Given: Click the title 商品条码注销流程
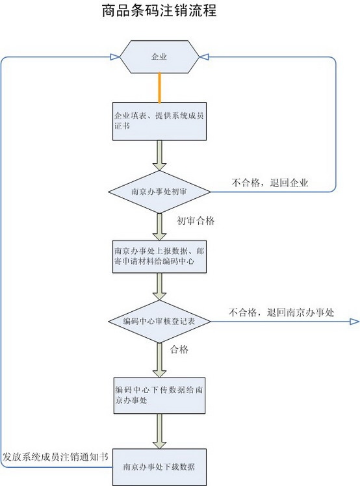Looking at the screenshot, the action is (x=159, y=10).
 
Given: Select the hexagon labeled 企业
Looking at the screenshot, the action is (x=159, y=57).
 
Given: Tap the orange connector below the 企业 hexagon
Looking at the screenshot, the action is (x=159, y=88).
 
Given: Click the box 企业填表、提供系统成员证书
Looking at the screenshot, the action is (x=159, y=122).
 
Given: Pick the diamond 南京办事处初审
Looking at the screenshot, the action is (x=159, y=192).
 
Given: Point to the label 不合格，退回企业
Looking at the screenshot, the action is (x=270, y=183).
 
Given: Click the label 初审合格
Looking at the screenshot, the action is (x=196, y=221).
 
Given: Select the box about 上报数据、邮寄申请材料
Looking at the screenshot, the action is (x=159, y=257).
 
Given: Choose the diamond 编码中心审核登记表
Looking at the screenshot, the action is (x=159, y=322).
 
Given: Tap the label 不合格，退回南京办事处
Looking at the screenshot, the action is (x=281, y=312).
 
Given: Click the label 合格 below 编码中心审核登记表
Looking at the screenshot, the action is (x=179, y=350).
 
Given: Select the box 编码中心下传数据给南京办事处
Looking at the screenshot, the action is (x=159, y=396).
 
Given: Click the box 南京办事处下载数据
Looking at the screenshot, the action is (x=159, y=467).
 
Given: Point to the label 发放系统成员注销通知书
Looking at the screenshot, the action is (x=56, y=457).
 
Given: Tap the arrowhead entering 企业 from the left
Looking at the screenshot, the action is (x=115, y=57).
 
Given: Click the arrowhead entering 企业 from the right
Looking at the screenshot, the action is (x=204, y=57).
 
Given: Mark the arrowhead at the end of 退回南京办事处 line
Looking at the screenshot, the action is (x=354, y=322).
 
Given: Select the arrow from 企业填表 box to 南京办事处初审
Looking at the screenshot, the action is (x=159, y=155).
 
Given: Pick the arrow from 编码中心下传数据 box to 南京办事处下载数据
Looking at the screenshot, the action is (x=159, y=431).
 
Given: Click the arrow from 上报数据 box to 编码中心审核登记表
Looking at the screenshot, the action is (x=159, y=287).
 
